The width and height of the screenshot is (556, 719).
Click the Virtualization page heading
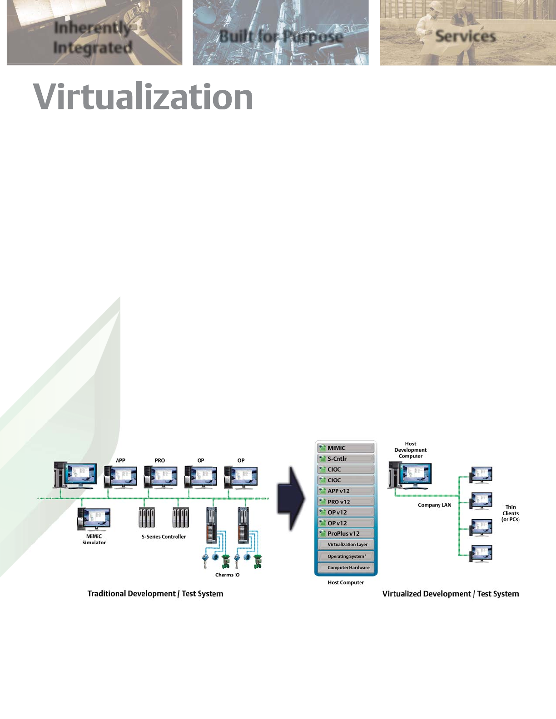click(x=143, y=97)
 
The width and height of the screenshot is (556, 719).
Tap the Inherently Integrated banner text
click(x=93, y=38)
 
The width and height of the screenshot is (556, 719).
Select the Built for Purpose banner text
click(x=281, y=36)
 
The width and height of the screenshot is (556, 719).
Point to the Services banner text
click(x=465, y=36)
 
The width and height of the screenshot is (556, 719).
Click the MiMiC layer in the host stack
click(x=346, y=448)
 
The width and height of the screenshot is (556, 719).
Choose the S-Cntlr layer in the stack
click(x=346, y=459)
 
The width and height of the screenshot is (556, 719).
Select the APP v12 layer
click(x=346, y=491)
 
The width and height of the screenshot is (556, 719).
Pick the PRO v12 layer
click(x=346, y=502)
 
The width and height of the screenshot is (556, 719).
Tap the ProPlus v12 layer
click(x=346, y=534)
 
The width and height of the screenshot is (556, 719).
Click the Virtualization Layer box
click(x=347, y=545)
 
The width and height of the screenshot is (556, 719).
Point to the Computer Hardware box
click(x=348, y=568)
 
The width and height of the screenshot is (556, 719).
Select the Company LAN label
click(x=434, y=505)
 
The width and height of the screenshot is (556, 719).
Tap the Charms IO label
click(x=227, y=575)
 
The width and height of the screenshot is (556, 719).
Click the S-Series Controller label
click(x=164, y=537)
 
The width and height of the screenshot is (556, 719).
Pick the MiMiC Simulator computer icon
click(x=94, y=519)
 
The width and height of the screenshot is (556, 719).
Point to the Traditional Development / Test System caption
click(x=155, y=594)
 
